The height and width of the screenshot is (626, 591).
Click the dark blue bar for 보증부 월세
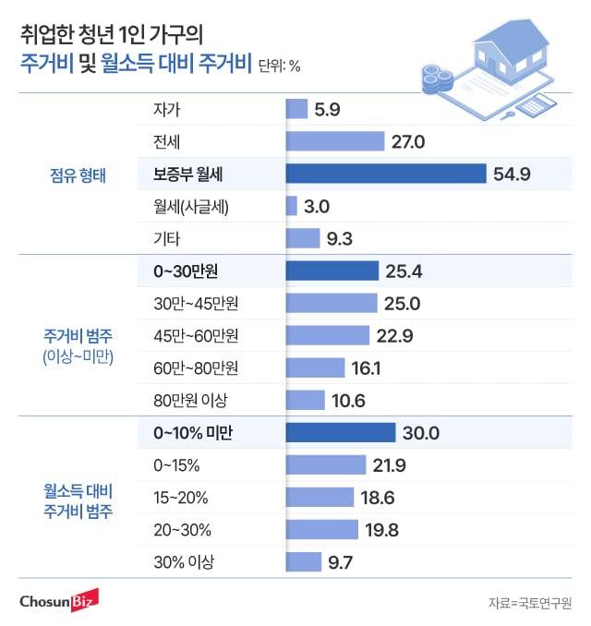pos(386,174)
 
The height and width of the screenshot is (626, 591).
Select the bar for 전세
pos(334,141)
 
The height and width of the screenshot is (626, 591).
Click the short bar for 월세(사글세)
pos(292,206)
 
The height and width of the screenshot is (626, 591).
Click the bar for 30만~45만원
pos(332,304)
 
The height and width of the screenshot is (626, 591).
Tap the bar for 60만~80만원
pos(316,368)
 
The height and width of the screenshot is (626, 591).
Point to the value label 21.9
pos(386,465)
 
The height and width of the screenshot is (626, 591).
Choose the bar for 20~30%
pos(322,530)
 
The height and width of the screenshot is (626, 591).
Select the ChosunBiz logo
pos(58,601)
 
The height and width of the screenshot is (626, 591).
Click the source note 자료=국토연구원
pos(529,603)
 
